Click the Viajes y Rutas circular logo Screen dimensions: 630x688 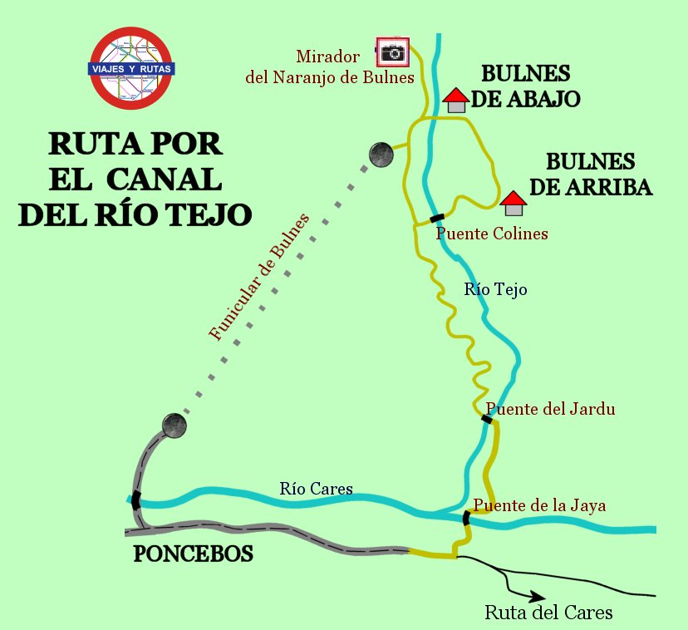pos(131,69)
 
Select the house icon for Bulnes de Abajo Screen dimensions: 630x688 pos(455,101)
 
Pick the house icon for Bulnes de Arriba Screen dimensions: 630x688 pos(514,204)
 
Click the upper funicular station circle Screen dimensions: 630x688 pos(381,153)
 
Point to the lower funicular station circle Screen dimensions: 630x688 pos(174,425)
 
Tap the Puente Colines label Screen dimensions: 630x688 pos(492,234)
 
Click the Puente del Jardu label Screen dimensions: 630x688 pos(550,409)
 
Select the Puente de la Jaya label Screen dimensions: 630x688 pos(539,504)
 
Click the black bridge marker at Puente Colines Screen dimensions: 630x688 pos(437,219)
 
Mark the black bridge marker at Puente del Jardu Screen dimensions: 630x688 pos(487,419)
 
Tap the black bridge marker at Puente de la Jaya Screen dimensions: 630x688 pos(466,518)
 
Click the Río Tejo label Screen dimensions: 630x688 pos(496,289)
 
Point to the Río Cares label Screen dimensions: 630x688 pos(316,488)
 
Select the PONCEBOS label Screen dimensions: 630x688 pos(193,554)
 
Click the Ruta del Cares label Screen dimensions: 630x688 pos(548,613)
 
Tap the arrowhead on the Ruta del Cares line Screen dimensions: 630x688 pos(538,596)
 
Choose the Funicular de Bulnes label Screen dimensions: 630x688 pos(259,278)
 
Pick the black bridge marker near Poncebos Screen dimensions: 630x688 pos(135,500)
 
